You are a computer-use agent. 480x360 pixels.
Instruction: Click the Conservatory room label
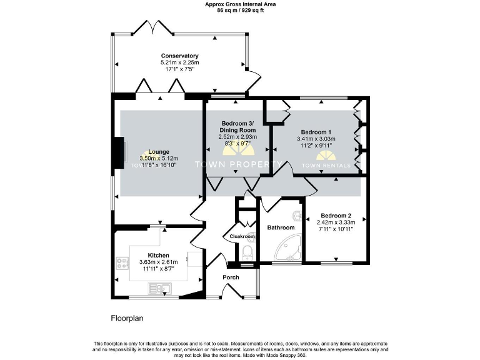pos(179,56)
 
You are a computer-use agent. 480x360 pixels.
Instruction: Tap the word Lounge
pos(158,152)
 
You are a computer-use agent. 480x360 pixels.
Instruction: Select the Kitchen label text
pos(158,256)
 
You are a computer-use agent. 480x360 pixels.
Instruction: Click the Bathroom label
pos(281,227)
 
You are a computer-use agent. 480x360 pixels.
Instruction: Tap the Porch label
pos(231,277)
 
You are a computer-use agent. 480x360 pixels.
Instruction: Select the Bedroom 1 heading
pos(316,132)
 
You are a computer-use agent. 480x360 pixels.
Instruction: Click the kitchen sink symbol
pos(161,288)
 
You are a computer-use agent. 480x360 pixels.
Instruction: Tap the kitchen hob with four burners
pos(120,264)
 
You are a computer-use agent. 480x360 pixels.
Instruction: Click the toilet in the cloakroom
pos(248,253)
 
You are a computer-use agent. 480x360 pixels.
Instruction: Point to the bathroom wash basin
pos(299,217)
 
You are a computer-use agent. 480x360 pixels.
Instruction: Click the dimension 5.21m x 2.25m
pos(179,62)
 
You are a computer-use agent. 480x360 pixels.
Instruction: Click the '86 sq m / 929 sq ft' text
pos(241,11)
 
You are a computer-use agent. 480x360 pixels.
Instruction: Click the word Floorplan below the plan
pos(127,318)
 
